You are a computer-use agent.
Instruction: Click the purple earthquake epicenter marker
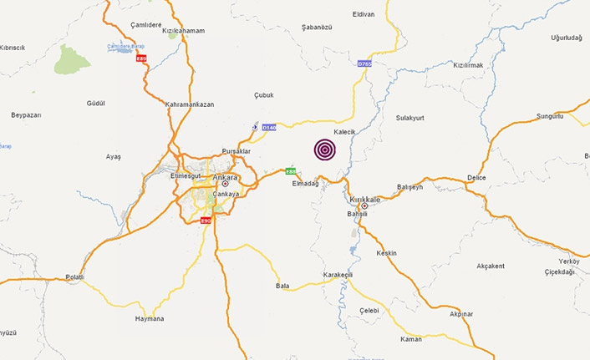point(325,150)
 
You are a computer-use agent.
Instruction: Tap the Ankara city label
point(225,177)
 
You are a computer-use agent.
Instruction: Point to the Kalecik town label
point(345,132)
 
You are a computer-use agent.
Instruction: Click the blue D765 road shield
point(364,63)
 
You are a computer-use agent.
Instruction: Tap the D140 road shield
point(268,127)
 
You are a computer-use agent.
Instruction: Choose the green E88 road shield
point(291,171)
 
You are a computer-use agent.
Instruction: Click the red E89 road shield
point(141,58)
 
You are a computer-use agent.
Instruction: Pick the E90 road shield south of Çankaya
point(206,220)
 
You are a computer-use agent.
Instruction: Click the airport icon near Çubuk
point(256,127)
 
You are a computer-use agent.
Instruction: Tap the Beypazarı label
point(26,114)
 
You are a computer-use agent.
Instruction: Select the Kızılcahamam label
point(184,30)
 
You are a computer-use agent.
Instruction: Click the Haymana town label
point(150,318)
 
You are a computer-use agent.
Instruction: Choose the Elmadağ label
point(306,184)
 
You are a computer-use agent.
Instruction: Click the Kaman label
point(411,339)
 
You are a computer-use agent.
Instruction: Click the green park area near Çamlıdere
point(72,59)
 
